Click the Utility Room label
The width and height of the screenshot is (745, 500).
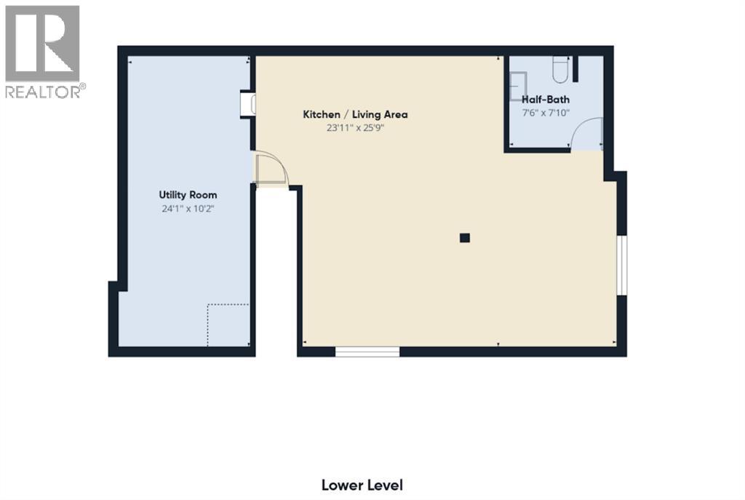click(x=188, y=195)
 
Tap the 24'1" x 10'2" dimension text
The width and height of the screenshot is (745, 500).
click(x=188, y=209)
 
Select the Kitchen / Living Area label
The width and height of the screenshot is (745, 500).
click(x=355, y=114)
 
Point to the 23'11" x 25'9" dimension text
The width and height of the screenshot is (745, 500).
click(x=355, y=128)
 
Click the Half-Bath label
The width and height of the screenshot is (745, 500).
click(x=546, y=100)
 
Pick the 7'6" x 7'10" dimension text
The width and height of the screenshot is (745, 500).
click(x=546, y=113)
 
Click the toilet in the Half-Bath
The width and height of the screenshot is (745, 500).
click(x=560, y=68)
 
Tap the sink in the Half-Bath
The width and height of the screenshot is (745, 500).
click(x=517, y=87)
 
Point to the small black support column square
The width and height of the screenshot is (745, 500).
click(x=465, y=237)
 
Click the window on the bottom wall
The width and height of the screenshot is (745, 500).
click(x=367, y=352)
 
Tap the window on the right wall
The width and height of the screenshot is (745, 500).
click(x=622, y=266)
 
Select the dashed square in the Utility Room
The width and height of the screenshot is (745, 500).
click(x=228, y=325)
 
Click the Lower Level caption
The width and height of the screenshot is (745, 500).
click(x=362, y=485)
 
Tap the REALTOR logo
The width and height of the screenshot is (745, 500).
click(x=42, y=44)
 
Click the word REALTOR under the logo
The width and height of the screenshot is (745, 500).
click(x=44, y=91)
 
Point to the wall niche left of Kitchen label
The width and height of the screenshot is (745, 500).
click(x=248, y=103)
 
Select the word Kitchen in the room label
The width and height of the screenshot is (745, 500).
click(x=321, y=114)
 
